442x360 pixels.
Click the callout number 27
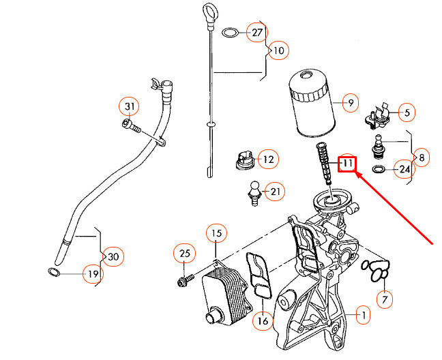(x=257, y=33)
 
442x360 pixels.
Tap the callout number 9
(x=349, y=104)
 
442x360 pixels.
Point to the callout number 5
(x=407, y=112)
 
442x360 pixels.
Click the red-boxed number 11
(x=348, y=164)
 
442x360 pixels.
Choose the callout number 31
(x=130, y=106)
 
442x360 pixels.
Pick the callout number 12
(x=267, y=160)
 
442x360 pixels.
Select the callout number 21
(x=276, y=192)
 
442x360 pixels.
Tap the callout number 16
(x=262, y=320)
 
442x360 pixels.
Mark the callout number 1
(x=364, y=316)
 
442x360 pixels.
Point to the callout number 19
(x=92, y=274)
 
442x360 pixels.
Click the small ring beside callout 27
(x=232, y=33)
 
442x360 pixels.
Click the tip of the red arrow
(x=357, y=175)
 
